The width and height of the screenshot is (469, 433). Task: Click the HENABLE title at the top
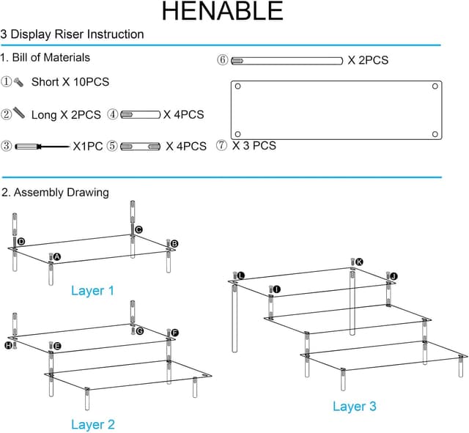pos(222,12)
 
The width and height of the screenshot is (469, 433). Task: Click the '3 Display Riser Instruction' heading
pos(73,34)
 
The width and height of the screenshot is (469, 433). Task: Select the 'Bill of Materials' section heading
pos(45,57)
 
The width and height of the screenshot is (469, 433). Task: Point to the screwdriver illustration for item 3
pos(43,147)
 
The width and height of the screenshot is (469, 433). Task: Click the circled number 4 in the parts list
pos(113,114)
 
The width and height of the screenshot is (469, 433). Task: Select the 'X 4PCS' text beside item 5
pos(186,147)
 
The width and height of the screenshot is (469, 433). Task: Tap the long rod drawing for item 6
pos(287,60)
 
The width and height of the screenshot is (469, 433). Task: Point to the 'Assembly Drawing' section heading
pos(55,193)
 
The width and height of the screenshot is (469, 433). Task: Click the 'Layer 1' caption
pos(92,291)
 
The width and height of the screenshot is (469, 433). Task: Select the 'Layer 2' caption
pos(92,424)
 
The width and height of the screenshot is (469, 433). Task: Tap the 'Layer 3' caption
pos(354,406)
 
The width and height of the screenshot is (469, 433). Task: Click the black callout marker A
pos(57,257)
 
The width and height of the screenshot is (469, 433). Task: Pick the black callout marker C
pos(139,229)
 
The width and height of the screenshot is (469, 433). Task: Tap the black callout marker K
pos(359,262)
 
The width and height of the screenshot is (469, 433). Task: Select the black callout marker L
pos(241,275)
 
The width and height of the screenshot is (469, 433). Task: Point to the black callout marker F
pos(174,333)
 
